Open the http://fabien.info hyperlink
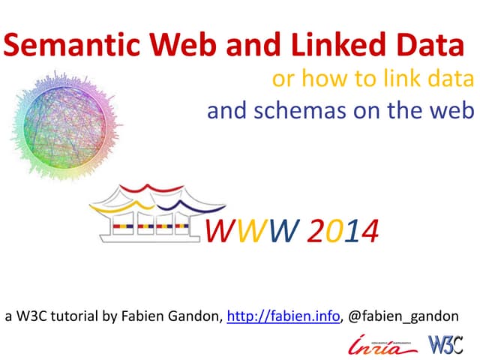pos(283,316)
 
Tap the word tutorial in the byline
pos(72,316)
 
